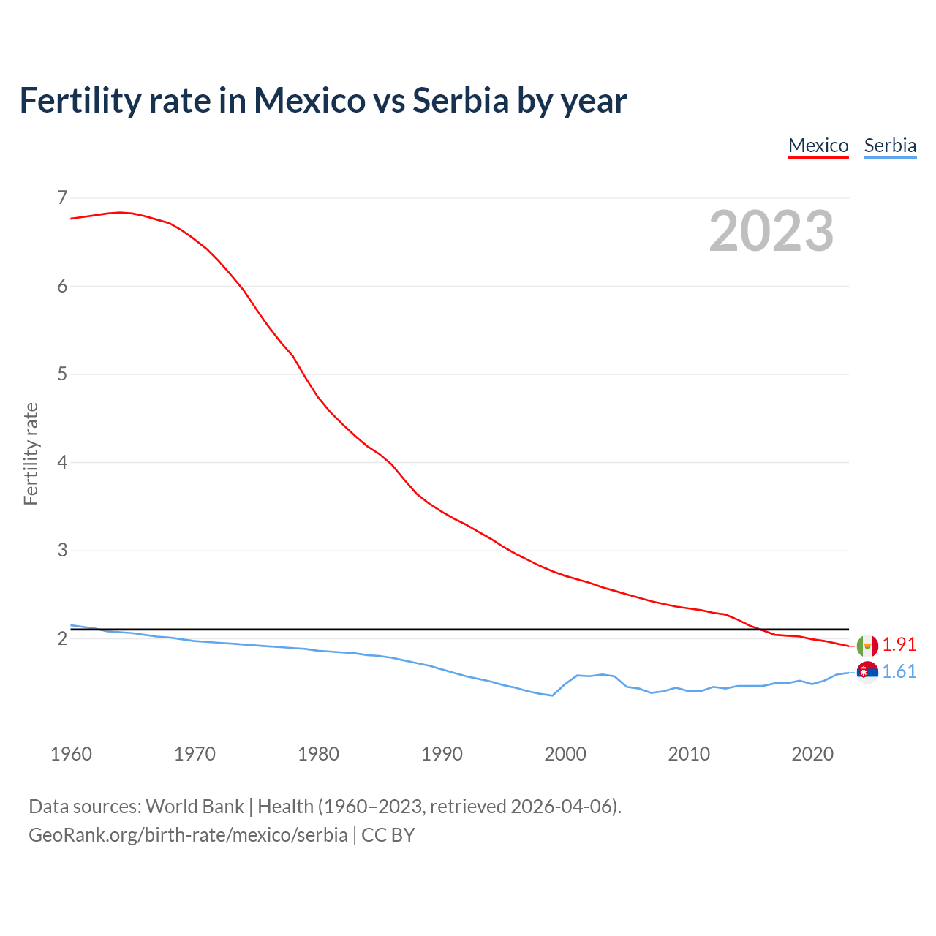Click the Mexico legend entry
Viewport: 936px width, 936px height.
[818, 146]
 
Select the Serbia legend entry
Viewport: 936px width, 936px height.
[890, 146]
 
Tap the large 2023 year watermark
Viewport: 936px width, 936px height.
[771, 231]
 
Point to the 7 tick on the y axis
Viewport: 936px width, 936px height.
[62, 197]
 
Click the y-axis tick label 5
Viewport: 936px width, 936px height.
[62, 374]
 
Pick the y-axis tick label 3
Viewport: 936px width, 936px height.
[62, 551]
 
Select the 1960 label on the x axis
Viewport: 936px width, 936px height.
[71, 754]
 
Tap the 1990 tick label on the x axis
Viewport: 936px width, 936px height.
[442, 754]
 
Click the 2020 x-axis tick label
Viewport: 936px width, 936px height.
[812, 754]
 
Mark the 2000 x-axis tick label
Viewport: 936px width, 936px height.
[565, 754]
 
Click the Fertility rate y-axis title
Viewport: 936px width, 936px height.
[31, 453]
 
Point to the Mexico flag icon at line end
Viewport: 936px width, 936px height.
[867, 646]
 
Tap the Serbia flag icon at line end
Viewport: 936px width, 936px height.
[867, 672]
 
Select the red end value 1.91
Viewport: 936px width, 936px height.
[899, 644]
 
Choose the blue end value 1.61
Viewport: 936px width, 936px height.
[899, 671]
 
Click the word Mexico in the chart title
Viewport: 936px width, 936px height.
[309, 100]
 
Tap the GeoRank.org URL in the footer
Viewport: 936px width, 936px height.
[188, 835]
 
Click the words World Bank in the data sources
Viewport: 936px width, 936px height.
[195, 807]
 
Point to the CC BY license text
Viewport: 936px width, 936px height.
[388, 835]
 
